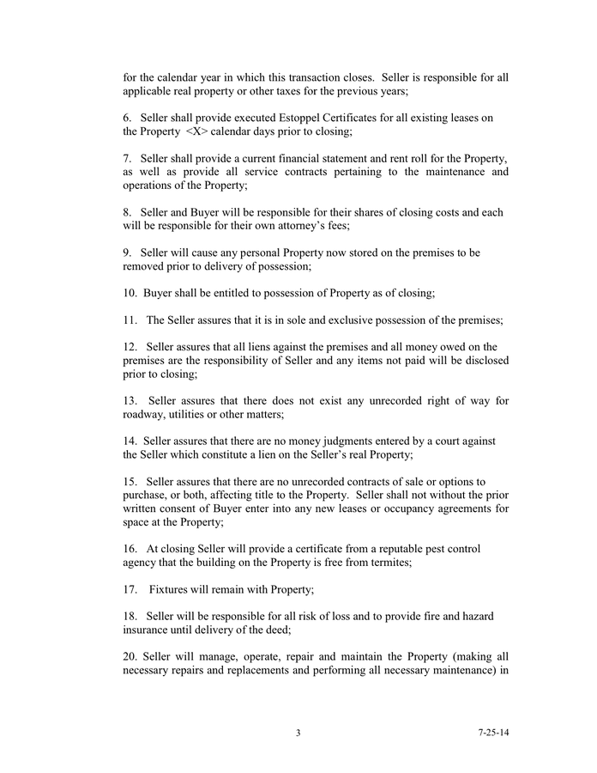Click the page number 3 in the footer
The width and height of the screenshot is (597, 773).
coord(298,733)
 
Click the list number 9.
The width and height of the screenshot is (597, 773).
coord(127,253)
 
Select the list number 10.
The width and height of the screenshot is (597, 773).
coord(130,293)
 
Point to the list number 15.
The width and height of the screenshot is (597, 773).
coord(130,481)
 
